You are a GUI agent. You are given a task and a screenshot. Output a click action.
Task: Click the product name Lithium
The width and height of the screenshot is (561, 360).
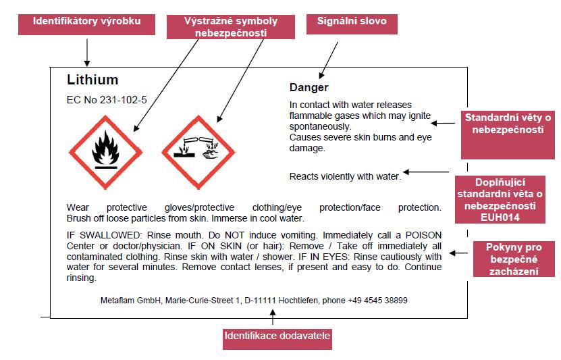(92, 80)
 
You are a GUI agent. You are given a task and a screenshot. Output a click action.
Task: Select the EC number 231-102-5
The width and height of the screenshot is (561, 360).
(123, 100)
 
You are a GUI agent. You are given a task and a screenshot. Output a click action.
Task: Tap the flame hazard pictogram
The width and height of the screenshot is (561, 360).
(105, 152)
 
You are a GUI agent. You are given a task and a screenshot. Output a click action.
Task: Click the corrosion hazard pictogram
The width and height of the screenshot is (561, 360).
(198, 152)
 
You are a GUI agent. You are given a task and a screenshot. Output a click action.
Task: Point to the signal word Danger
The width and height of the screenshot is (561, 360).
(309, 87)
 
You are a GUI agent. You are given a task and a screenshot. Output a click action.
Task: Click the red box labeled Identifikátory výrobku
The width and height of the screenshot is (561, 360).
(86, 24)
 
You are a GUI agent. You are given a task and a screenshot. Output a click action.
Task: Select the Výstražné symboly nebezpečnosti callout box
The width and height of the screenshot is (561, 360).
(231, 27)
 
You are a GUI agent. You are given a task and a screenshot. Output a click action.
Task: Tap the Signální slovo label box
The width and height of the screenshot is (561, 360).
(352, 24)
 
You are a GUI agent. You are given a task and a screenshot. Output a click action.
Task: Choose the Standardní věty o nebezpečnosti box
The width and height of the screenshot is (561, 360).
(508, 135)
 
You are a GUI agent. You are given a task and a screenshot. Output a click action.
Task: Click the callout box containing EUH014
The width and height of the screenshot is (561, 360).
(500, 199)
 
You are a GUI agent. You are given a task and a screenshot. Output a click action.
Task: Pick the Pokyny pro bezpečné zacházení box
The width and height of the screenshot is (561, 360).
(514, 259)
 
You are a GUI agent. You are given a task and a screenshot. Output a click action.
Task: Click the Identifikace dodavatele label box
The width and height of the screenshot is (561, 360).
(277, 339)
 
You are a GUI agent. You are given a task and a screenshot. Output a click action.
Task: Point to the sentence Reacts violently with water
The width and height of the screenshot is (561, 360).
(345, 176)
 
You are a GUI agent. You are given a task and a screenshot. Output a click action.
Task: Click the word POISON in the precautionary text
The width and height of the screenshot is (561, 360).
(423, 235)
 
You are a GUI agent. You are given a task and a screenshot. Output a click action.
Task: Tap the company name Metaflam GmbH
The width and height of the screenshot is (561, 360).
(130, 301)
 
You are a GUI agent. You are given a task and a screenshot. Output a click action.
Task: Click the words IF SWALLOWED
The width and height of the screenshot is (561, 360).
(104, 235)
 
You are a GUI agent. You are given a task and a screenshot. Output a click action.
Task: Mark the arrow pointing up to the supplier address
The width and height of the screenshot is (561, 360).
(273, 317)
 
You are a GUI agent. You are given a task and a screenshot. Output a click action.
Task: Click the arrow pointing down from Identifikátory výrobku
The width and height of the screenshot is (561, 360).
(87, 53)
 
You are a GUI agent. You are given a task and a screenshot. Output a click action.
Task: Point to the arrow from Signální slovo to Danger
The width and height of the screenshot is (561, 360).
(329, 60)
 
